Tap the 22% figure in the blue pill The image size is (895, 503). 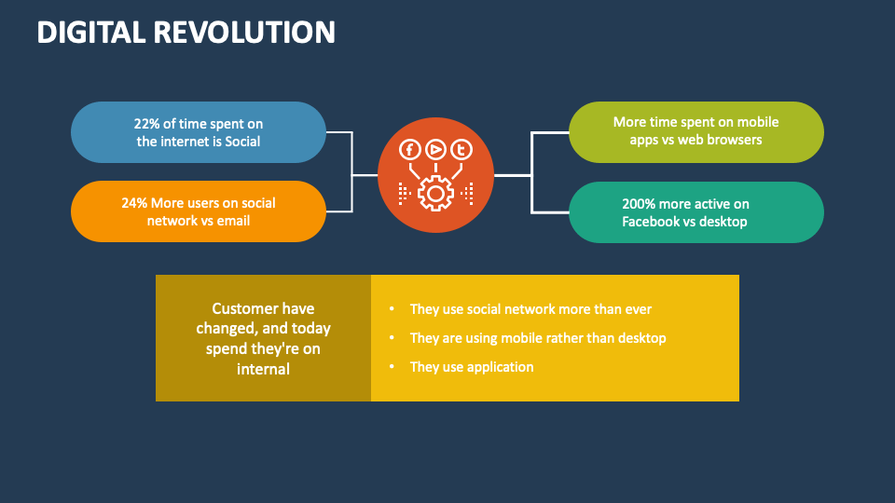click(x=147, y=124)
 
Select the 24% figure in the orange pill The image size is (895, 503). click(x=136, y=202)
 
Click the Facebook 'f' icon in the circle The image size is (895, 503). click(x=409, y=150)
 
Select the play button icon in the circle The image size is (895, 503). click(x=435, y=150)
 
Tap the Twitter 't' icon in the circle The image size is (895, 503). click(x=461, y=150)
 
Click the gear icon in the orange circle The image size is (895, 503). click(x=435, y=193)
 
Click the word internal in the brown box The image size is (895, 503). click(x=263, y=369)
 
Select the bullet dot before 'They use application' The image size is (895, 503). click(x=391, y=367)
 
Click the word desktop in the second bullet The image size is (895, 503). click(x=641, y=338)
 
